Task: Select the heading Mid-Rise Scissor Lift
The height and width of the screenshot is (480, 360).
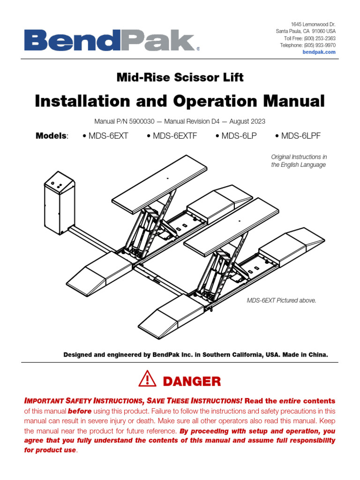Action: (180, 77)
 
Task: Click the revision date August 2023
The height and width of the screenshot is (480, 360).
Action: (247, 121)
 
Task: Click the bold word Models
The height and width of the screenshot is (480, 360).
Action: (52, 136)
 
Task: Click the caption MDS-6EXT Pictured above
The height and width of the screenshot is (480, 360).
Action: (281, 300)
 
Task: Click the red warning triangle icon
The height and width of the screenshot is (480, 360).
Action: (148, 379)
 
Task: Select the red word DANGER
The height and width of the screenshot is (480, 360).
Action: (191, 382)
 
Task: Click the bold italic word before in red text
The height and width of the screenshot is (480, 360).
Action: (80, 411)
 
